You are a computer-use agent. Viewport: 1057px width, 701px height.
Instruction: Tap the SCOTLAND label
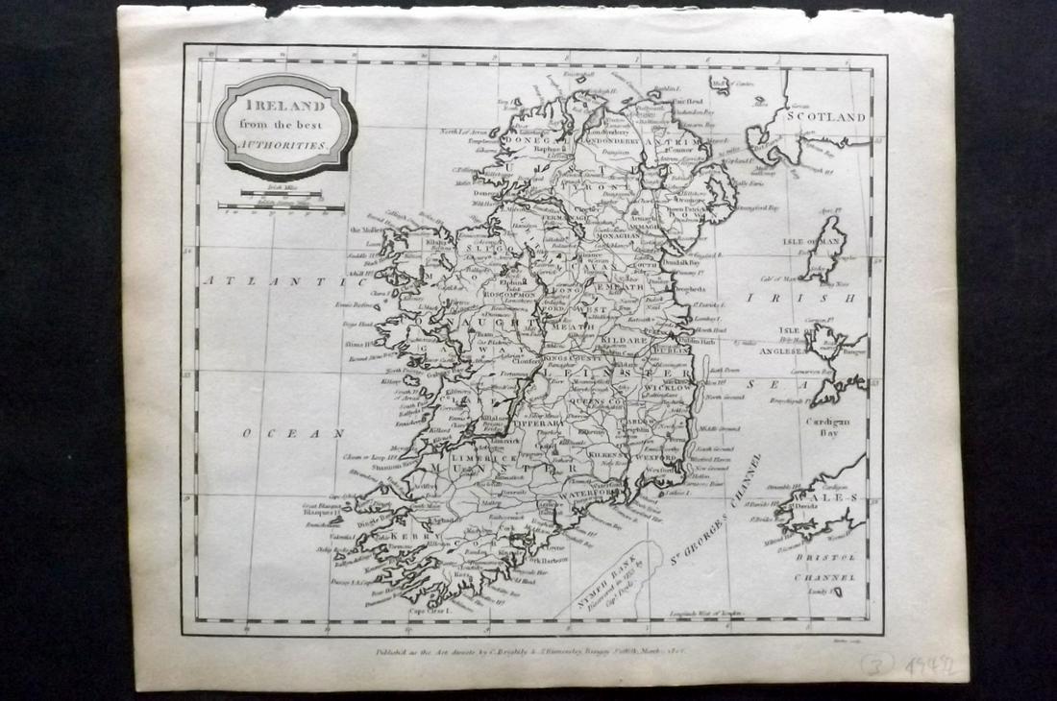[x=826, y=116]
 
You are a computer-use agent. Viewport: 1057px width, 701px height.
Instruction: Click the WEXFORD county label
[x=655, y=459]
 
